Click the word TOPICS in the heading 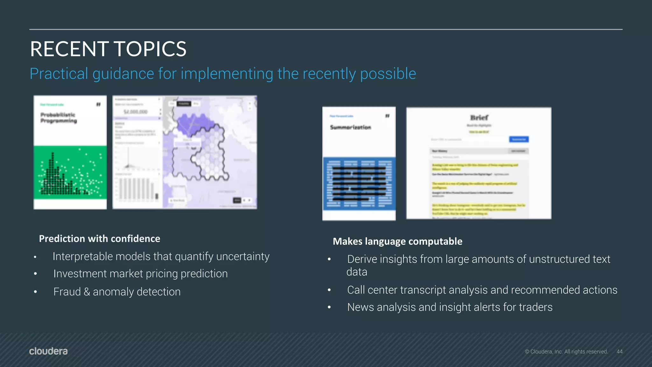click(150, 49)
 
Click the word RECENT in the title click(69, 49)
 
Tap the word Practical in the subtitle click(59, 74)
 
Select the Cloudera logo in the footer click(48, 351)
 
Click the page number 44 click(619, 351)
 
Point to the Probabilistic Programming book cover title click(59, 118)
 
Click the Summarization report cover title click(351, 127)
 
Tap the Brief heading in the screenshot click(479, 117)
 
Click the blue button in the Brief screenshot click(519, 139)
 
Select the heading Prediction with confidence click(99, 239)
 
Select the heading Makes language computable click(397, 241)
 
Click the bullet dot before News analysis click(329, 307)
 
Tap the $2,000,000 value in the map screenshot click(136, 112)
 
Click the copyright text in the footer click(566, 351)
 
